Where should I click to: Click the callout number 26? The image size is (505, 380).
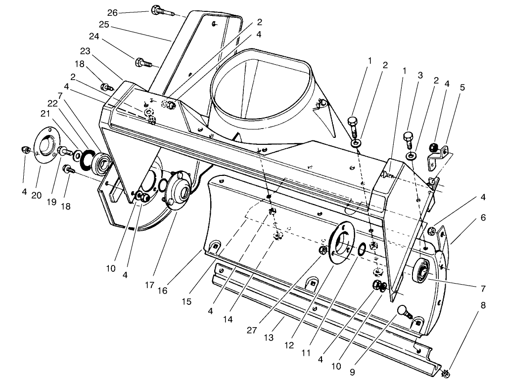[x=112, y=12]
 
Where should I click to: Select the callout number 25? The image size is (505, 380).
[x=104, y=25]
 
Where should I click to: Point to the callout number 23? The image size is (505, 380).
[x=85, y=51]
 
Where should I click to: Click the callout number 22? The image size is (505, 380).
[x=52, y=103]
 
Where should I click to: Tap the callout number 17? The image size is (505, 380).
[x=149, y=285]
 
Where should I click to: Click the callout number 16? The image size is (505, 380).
[x=162, y=291]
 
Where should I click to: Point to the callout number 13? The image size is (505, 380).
[x=269, y=338]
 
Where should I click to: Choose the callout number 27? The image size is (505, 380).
[x=252, y=331]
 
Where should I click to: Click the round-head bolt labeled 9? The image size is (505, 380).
[x=405, y=312]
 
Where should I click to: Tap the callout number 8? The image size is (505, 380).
[x=483, y=305]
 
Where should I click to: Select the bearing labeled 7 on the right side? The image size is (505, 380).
[x=421, y=271]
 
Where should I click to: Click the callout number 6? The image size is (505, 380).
[x=483, y=218]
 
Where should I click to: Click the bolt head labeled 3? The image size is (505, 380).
[x=408, y=137]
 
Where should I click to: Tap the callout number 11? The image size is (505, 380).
[x=306, y=353]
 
